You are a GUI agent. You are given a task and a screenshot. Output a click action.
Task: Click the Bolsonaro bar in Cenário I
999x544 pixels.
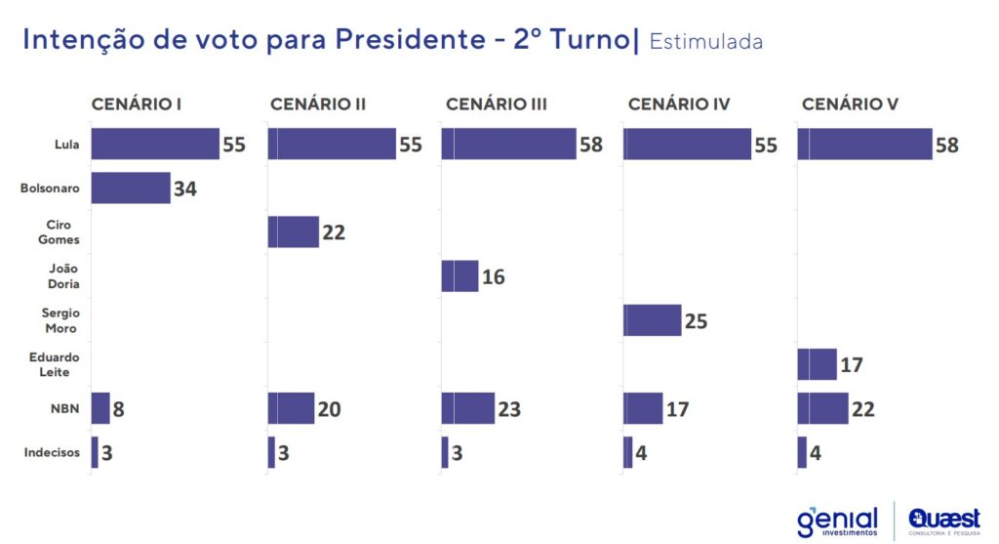click(131, 188)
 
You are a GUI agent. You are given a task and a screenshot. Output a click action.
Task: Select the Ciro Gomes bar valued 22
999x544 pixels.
click(293, 232)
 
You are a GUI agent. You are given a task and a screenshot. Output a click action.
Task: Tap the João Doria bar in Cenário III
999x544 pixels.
click(460, 276)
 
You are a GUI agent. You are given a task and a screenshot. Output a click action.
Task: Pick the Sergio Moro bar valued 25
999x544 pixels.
click(652, 320)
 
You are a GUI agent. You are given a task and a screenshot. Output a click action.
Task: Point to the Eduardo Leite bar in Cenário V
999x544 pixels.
click(817, 364)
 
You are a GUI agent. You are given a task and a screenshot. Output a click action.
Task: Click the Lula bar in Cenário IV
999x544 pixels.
click(687, 145)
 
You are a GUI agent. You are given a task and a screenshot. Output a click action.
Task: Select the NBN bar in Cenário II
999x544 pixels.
click(291, 408)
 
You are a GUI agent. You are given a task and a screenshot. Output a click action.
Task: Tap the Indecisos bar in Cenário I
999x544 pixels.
click(95, 452)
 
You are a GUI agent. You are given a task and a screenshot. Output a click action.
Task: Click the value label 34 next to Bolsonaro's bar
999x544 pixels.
click(185, 188)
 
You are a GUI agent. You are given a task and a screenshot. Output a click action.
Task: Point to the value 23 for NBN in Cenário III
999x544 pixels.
click(508, 409)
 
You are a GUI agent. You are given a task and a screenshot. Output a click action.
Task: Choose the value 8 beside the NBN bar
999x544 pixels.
click(118, 409)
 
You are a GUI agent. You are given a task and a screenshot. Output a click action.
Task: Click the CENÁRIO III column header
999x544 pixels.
click(496, 104)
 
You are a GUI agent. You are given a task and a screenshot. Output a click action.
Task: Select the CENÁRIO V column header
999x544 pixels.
click(850, 104)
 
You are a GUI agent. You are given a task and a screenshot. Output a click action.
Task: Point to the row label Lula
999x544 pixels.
click(67, 145)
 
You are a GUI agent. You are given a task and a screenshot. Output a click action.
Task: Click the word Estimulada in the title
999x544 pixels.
click(705, 42)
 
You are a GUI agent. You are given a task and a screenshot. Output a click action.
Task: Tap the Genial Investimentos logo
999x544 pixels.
click(837, 521)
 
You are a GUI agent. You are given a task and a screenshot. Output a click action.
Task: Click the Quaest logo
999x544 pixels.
click(943, 521)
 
